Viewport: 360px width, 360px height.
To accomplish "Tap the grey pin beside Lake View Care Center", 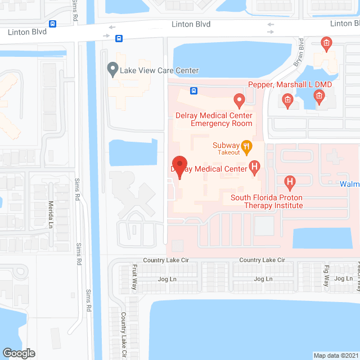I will tap(112, 70).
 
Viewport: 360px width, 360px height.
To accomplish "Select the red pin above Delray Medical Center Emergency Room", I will tap(239, 101).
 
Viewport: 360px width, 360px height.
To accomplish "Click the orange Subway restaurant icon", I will tap(245, 146).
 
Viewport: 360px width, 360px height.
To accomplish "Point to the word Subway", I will tap(226, 146).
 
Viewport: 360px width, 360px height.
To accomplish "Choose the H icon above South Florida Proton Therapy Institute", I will tap(290, 182).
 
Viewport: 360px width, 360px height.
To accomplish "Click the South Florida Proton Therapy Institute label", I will tap(267, 201).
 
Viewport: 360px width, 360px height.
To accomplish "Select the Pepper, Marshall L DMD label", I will tap(290, 84).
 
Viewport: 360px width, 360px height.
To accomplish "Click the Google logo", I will tap(19, 353).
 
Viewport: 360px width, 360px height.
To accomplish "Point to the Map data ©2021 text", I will tap(335, 355).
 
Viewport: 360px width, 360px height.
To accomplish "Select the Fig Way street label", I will tap(326, 277).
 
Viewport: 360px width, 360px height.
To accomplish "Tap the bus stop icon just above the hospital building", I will tap(193, 91).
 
